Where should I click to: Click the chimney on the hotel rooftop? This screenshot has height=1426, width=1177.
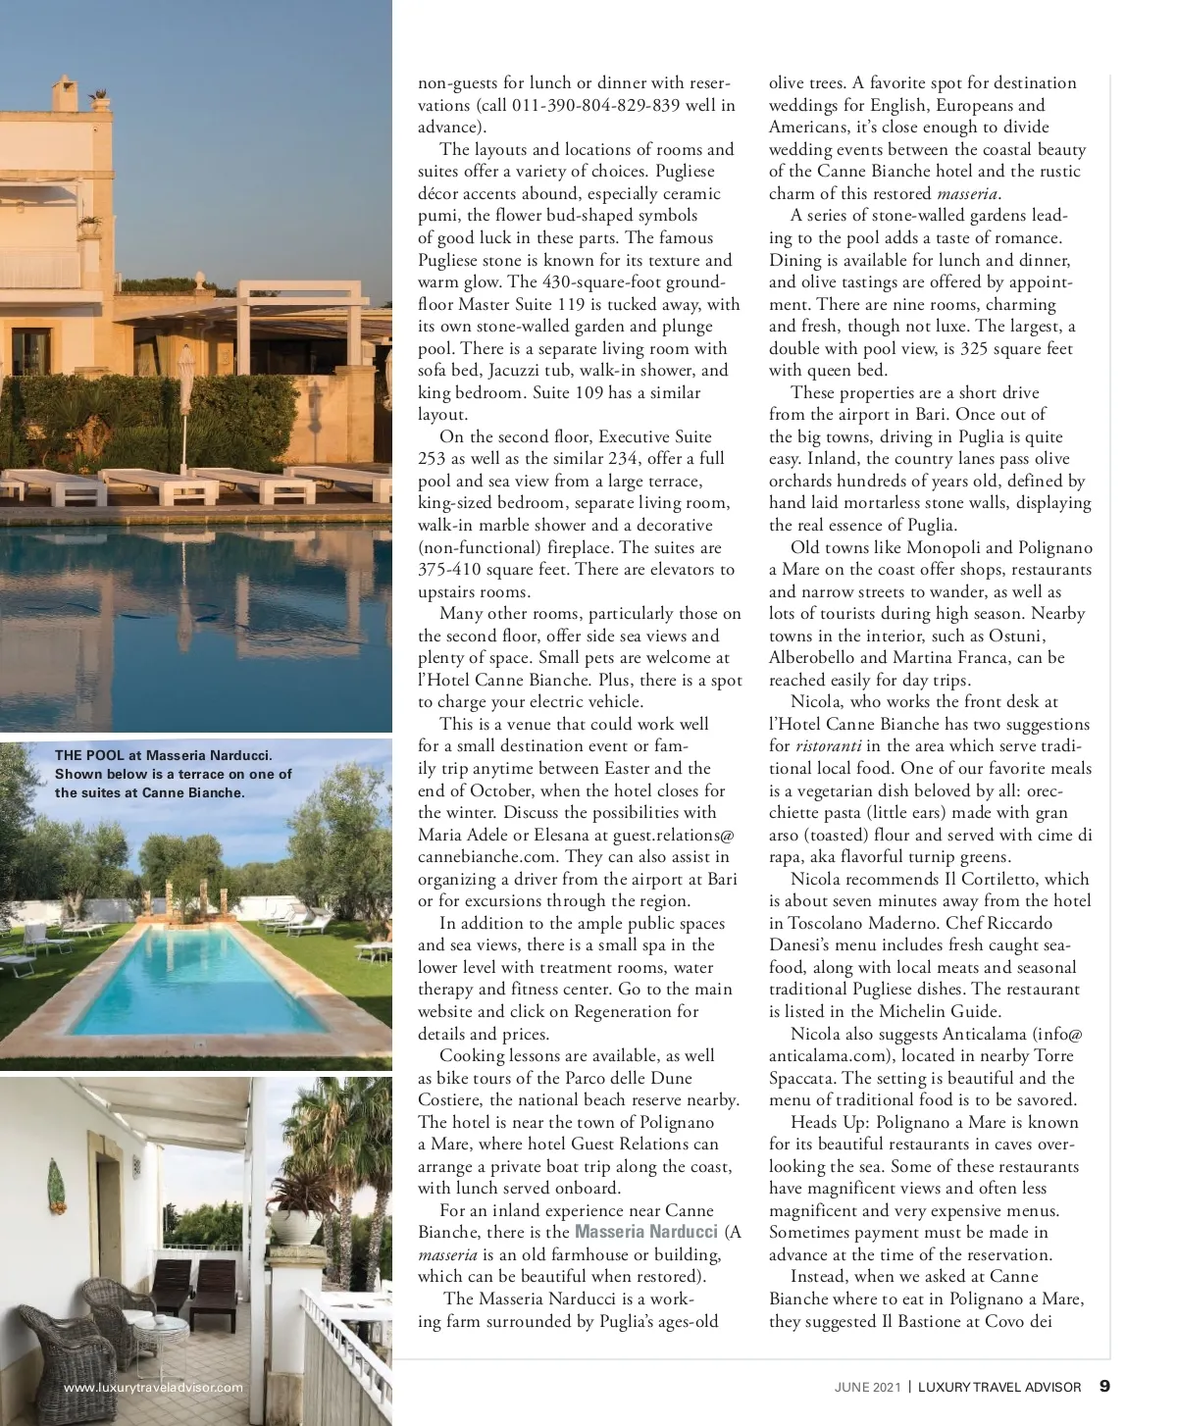coord(98,97)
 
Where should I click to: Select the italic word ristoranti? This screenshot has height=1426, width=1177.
coord(822,746)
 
